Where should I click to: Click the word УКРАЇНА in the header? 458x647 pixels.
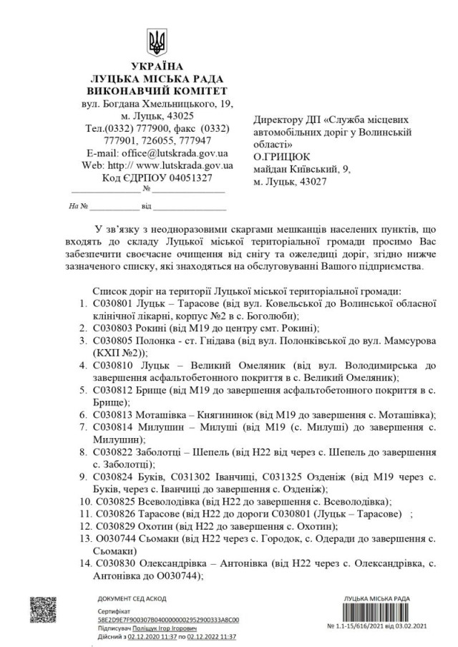click(156, 67)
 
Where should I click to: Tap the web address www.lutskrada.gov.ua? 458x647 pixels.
click(187, 165)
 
